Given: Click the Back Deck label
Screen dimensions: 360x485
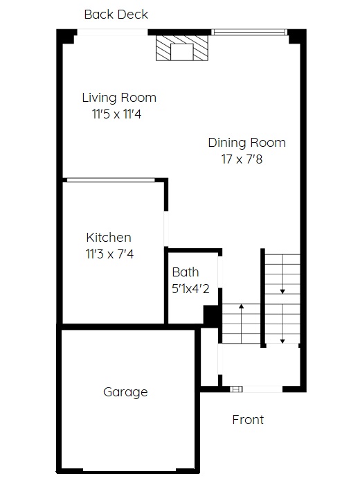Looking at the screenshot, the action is click(116, 15).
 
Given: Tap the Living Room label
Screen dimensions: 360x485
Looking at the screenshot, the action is click(119, 98).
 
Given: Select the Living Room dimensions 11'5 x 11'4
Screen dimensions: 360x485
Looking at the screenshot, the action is click(117, 114).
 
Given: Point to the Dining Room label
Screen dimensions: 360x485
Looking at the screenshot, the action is click(246, 143).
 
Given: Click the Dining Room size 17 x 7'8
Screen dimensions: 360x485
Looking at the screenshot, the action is click(242, 159).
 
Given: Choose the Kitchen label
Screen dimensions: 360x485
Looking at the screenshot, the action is click(109, 238).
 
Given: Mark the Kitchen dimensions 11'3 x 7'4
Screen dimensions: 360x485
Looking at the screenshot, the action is click(109, 254).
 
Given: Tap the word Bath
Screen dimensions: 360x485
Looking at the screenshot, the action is click(186, 272).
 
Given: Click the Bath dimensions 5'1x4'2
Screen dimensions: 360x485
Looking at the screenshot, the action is click(190, 289).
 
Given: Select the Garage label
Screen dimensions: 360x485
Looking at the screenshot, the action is click(125, 392).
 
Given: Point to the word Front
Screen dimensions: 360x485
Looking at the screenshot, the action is click(248, 420).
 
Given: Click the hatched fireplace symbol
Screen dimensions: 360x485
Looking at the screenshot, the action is click(182, 48).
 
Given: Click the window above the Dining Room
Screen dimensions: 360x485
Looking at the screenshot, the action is click(249, 32).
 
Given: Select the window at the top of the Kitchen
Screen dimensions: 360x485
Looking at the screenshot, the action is click(111, 179).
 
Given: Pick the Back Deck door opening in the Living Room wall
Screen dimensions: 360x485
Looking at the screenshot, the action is click(112, 32).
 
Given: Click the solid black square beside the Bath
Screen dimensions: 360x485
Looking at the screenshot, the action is click(211, 315).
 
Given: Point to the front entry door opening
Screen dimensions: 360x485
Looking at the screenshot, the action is click(262, 389).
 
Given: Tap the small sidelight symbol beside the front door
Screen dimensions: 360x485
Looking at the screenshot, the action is click(236, 389).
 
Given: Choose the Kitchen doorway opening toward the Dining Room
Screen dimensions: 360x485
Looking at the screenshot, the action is click(166, 229).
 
